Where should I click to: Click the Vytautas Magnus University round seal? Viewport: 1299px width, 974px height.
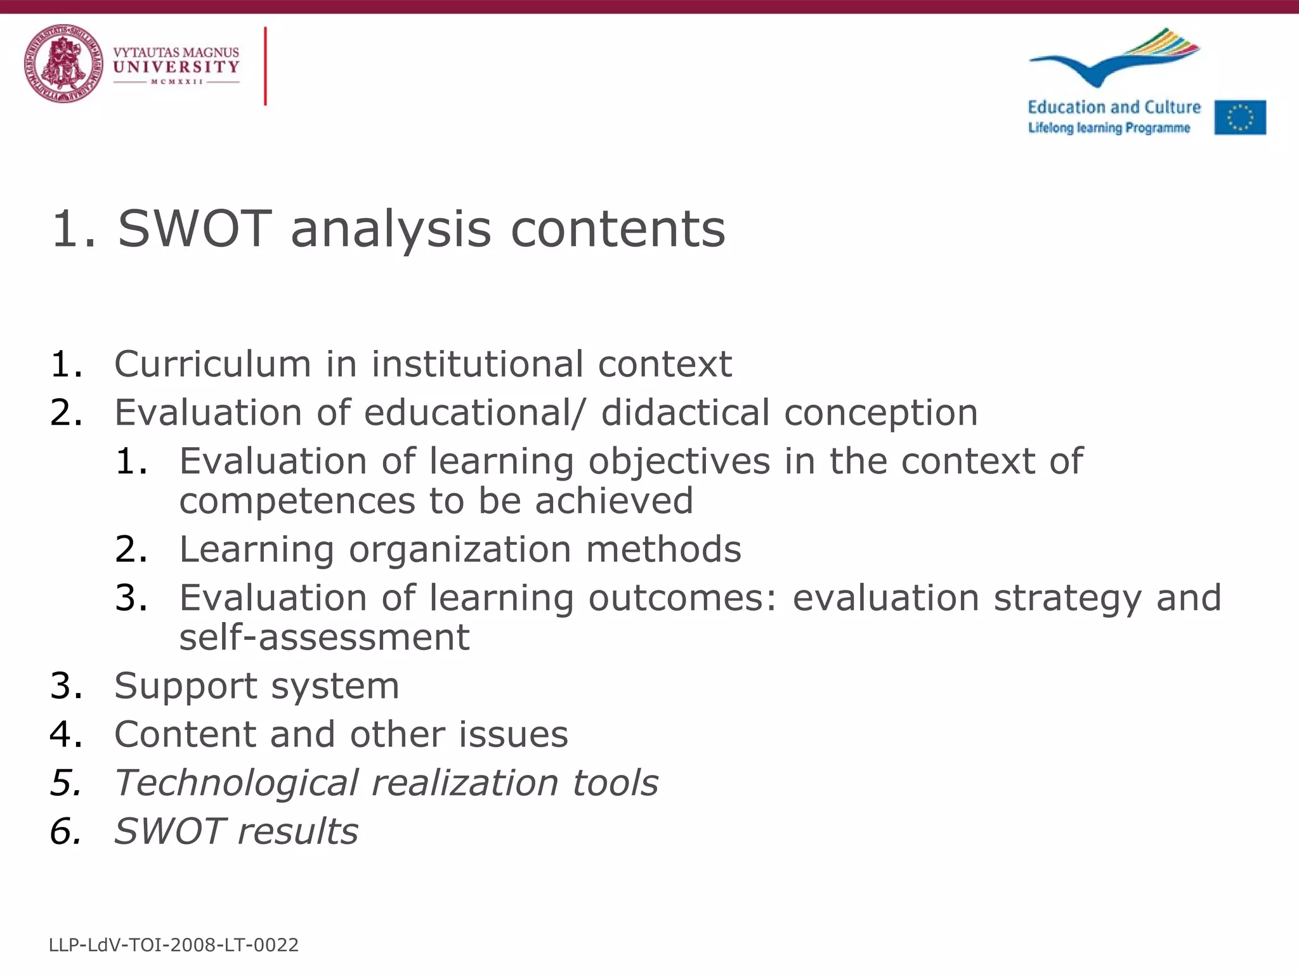click(x=63, y=64)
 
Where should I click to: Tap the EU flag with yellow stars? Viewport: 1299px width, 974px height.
click(x=1240, y=117)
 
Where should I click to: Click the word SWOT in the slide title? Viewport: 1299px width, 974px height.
click(x=195, y=229)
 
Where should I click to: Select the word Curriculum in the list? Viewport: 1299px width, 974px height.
click(x=212, y=364)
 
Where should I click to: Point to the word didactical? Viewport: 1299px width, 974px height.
click(x=685, y=413)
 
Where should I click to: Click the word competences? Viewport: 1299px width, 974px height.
click(x=297, y=501)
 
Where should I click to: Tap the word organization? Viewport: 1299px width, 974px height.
click(x=460, y=549)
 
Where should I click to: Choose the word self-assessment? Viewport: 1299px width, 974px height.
click(x=324, y=637)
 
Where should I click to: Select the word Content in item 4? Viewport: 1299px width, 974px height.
click(x=185, y=734)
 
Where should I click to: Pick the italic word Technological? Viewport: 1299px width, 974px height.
click(x=236, y=783)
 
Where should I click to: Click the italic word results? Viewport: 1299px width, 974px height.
click(x=297, y=831)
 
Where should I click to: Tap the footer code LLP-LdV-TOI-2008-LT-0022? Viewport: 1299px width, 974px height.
click(x=173, y=945)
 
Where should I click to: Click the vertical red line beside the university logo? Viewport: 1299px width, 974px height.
click(x=265, y=66)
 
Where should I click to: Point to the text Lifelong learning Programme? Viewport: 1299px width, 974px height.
click(x=1109, y=128)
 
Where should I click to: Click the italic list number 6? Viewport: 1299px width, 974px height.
click(x=65, y=831)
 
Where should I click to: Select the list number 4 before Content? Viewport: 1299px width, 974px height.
click(x=65, y=734)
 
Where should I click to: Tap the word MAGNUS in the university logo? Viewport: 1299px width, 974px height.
click(x=211, y=52)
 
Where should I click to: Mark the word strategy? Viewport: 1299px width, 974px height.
click(x=1067, y=598)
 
